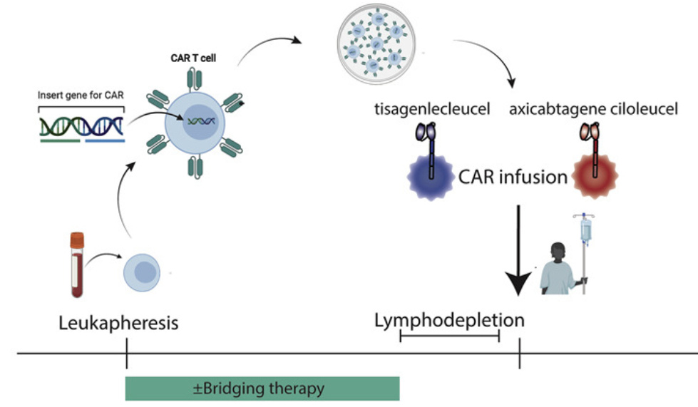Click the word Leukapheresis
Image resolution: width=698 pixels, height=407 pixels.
[118, 324]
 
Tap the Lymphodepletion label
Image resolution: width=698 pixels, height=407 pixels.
[449, 321]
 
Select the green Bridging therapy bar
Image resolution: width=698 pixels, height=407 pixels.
[262, 388]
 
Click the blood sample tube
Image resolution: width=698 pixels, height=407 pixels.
[78, 264]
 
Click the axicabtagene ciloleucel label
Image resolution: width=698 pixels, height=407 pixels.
[595, 110]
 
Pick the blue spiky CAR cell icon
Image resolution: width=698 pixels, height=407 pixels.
[430, 175]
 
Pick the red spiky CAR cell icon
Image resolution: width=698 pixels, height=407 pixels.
[592, 175]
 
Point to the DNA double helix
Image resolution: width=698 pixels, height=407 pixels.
[81, 126]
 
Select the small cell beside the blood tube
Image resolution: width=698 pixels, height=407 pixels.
[140, 272]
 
